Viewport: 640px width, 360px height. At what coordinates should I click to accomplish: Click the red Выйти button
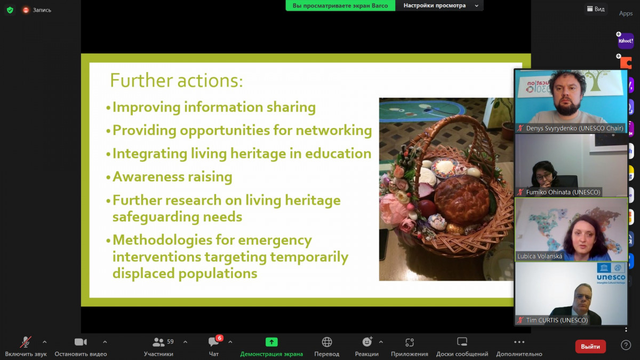point(590,346)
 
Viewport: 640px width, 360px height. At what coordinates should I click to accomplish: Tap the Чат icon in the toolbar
point(213,342)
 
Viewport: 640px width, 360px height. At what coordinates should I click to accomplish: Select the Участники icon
point(158,342)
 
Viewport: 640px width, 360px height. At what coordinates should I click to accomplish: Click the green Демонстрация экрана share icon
point(271,342)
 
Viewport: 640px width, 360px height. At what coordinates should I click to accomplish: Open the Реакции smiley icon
point(367,342)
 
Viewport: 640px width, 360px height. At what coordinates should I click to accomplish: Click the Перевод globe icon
point(327,342)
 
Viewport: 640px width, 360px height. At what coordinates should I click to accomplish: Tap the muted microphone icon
point(26,342)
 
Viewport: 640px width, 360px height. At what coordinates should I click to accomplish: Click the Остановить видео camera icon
point(81,342)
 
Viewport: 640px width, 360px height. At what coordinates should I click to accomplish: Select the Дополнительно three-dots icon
point(519,342)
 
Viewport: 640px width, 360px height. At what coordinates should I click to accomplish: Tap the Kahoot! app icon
point(626,41)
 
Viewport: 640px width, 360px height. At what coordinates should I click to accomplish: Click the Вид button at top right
point(596,9)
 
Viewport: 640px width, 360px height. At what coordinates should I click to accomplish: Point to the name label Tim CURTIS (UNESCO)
point(557,320)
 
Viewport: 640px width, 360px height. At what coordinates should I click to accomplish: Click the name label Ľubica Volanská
point(540,257)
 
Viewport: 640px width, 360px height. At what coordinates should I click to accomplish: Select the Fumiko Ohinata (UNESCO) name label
point(563,192)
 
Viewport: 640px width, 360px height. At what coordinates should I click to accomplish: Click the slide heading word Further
point(141,81)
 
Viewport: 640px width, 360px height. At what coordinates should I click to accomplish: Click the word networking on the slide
point(334,131)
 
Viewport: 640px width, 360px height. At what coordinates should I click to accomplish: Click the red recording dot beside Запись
point(26,10)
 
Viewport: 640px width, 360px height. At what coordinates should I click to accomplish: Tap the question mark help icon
point(626,345)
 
